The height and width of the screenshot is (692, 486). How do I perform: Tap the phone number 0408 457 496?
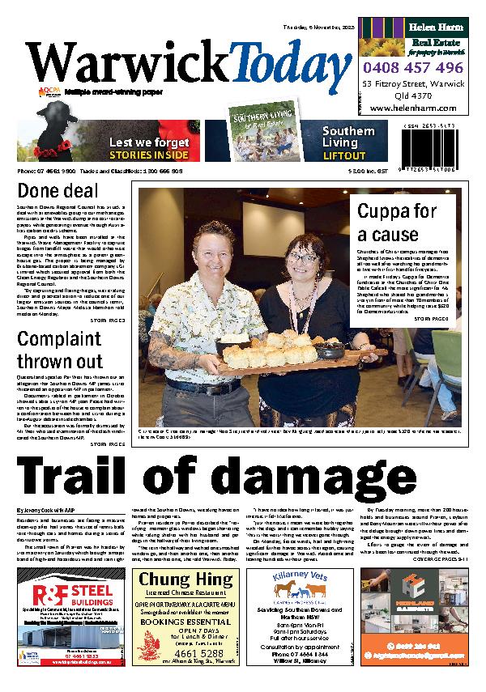(413, 69)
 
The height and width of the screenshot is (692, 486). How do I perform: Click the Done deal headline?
(56, 193)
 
